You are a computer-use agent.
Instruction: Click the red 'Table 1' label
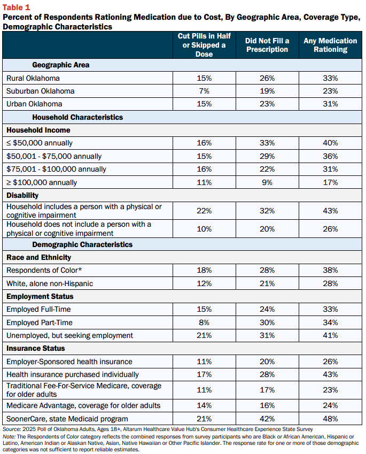(16, 7)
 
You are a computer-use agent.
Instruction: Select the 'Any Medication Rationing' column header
(330, 45)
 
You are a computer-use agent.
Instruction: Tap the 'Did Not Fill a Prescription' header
(267, 45)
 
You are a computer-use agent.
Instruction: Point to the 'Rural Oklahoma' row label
(33, 78)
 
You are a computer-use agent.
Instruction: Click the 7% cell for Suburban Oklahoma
(204, 91)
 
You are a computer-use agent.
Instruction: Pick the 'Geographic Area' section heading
(61, 65)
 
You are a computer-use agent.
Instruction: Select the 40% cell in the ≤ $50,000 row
(330, 143)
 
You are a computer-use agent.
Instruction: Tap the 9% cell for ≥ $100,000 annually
(267, 182)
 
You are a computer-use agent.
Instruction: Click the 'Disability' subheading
(22, 195)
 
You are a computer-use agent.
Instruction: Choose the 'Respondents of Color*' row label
(44, 270)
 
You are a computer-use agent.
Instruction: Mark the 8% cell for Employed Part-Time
(204, 322)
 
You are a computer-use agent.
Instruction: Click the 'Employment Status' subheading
(40, 296)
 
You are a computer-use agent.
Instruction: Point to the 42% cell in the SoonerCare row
(267, 419)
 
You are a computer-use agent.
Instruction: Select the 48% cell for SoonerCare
(330, 419)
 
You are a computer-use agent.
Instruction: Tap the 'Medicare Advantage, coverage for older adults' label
(83, 406)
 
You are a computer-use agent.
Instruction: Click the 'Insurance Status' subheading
(36, 348)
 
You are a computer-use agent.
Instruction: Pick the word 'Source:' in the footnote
(12, 429)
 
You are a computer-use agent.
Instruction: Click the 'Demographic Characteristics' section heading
(82, 245)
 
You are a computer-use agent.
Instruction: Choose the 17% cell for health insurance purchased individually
(204, 374)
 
